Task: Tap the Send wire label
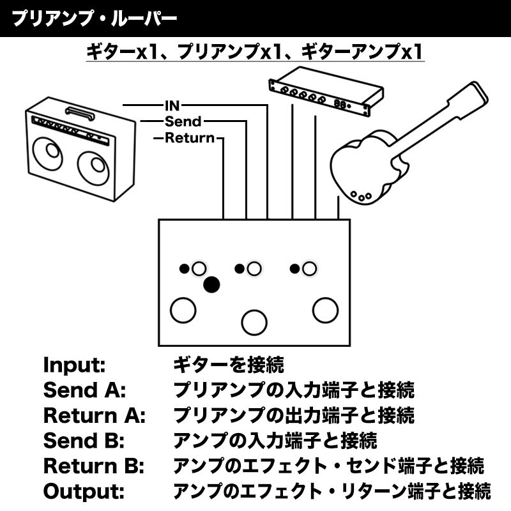click(x=183, y=121)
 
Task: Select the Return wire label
click(x=190, y=138)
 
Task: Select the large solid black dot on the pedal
click(x=211, y=284)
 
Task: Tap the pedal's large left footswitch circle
click(x=183, y=309)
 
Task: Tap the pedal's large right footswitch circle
click(x=325, y=310)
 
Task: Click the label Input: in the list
click(x=73, y=366)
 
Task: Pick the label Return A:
click(x=95, y=415)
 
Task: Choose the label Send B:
click(x=83, y=440)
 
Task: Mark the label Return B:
click(x=94, y=466)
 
